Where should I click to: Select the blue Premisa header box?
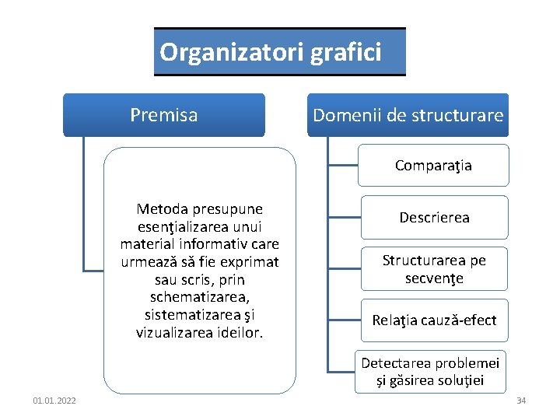(164, 115)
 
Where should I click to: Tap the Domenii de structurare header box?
(408, 115)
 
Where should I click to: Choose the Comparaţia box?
(432, 166)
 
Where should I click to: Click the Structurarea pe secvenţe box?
(433, 269)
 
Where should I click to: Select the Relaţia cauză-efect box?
(433, 320)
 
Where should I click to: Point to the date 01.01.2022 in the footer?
(54, 401)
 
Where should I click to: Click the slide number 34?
(521, 401)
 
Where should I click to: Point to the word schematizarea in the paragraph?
(200, 297)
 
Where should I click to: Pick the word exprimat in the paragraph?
(250, 261)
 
